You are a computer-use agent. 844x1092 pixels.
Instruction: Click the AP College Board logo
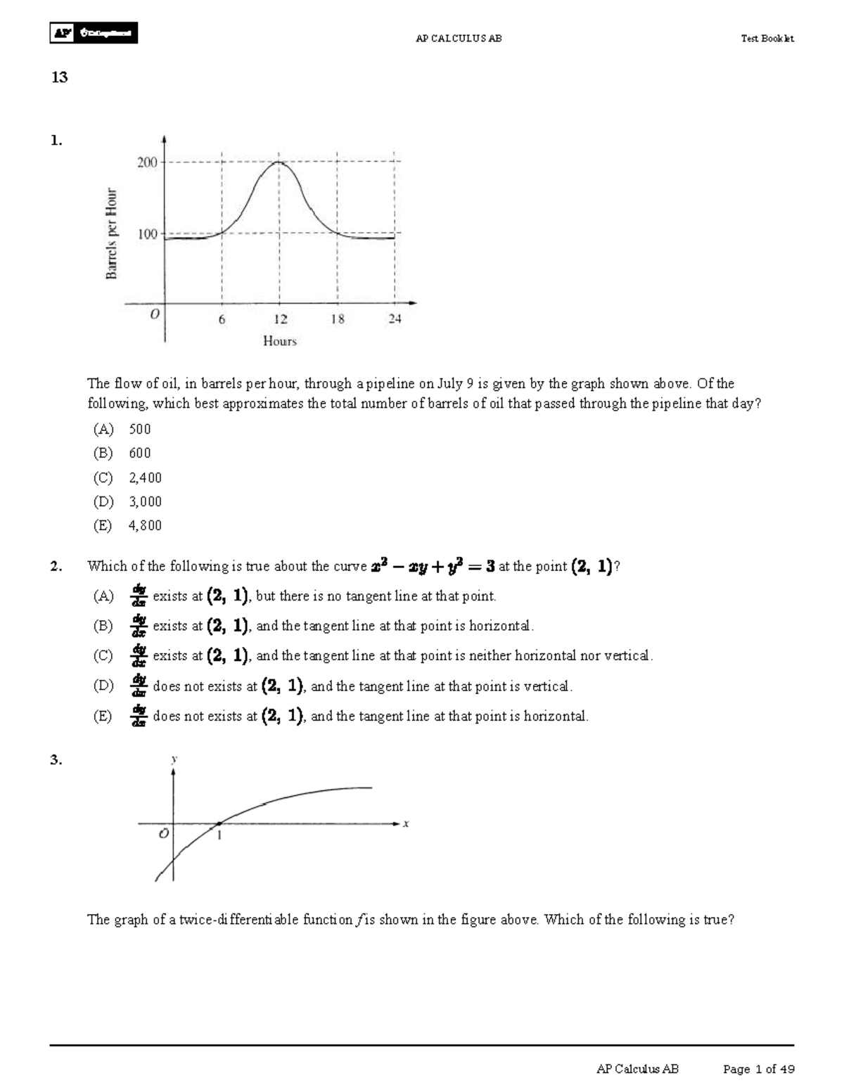pyautogui.click(x=94, y=33)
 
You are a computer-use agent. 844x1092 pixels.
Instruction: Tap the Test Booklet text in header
pyautogui.click(x=767, y=39)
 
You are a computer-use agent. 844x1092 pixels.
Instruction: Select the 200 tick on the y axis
pyautogui.click(x=147, y=162)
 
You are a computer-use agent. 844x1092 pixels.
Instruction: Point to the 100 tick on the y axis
pyautogui.click(x=147, y=233)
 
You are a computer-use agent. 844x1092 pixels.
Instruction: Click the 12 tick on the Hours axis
pyautogui.click(x=280, y=319)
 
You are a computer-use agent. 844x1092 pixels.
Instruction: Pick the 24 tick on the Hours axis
pyautogui.click(x=395, y=319)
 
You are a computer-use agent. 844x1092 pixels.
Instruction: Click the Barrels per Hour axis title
pyautogui.click(x=112, y=233)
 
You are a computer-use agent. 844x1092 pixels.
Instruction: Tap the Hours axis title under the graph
pyautogui.click(x=280, y=341)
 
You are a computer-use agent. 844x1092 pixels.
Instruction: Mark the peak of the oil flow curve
pyautogui.click(x=279, y=162)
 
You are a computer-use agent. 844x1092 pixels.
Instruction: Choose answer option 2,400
pyautogui.click(x=145, y=477)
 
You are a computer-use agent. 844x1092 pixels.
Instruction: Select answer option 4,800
pyautogui.click(x=145, y=525)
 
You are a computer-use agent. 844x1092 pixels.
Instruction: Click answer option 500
pyautogui.click(x=139, y=429)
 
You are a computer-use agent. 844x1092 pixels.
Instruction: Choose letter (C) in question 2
pyautogui.click(x=103, y=655)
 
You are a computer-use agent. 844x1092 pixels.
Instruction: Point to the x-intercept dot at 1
pyautogui.click(x=219, y=823)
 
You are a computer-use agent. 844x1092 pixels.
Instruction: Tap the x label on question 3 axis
pyautogui.click(x=406, y=823)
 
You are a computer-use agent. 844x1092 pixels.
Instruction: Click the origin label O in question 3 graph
pyautogui.click(x=163, y=834)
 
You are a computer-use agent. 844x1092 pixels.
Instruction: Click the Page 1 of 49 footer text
pyautogui.click(x=759, y=1069)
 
